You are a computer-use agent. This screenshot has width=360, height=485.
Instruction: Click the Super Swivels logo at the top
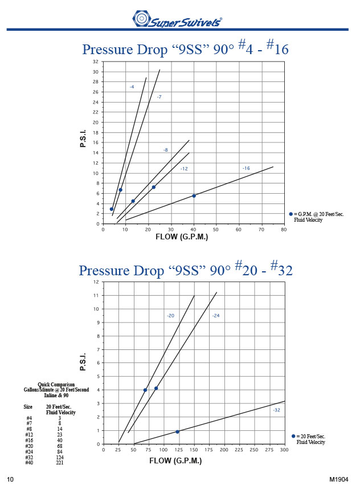tap(177, 19)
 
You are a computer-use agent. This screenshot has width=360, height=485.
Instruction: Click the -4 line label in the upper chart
tap(132, 87)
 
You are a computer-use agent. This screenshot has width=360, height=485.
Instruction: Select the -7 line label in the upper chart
tap(159, 97)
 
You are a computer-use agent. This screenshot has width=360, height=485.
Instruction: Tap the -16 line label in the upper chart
tap(246, 168)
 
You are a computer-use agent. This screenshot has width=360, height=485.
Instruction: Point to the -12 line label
tap(184, 169)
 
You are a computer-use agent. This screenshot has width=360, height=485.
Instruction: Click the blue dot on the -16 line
tap(194, 195)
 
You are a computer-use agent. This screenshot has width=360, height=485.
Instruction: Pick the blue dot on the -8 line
tap(153, 187)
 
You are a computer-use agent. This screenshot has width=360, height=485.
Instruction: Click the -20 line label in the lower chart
tap(170, 315)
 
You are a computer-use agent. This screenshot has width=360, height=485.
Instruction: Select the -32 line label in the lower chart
tap(276, 410)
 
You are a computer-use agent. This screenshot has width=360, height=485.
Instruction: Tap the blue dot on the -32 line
tap(177, 431)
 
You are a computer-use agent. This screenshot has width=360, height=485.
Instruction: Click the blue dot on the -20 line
tap(145, 390)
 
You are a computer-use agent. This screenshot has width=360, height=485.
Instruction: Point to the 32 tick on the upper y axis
tap(96, 62)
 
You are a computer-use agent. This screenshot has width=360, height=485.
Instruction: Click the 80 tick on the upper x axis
tap(284, 230)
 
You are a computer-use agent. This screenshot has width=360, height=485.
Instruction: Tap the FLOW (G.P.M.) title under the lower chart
tap(175, 460)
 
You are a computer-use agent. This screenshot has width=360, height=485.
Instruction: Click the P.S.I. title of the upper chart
tap(83, 137)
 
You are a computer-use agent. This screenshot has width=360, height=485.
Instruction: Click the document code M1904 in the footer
tap(339, 479)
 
